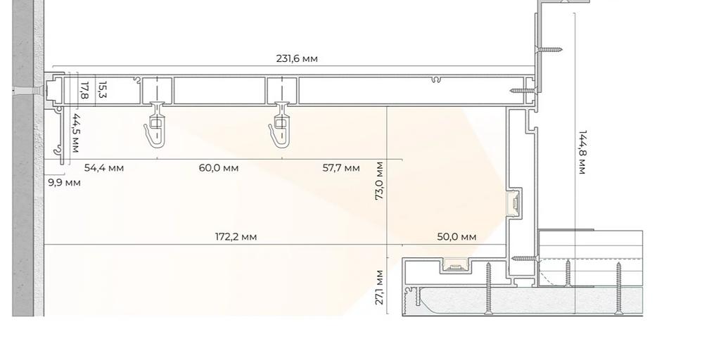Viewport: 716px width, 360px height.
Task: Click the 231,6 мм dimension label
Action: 297,58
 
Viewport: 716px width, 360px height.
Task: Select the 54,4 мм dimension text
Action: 104,167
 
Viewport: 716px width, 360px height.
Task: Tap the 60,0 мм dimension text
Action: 219,167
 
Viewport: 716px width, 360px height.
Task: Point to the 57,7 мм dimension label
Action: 341,167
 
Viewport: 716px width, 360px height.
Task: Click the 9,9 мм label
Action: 65,183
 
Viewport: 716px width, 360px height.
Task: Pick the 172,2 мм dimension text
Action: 236,237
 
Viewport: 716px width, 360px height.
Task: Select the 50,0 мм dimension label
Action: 456,237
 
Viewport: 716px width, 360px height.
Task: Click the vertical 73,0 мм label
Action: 380,181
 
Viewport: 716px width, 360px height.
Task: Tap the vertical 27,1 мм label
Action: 380,288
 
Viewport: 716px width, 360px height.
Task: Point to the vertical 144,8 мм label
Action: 582,152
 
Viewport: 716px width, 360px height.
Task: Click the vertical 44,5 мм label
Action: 75,133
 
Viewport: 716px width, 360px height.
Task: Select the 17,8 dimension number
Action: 84,90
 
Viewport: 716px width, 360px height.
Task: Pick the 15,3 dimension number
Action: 102,90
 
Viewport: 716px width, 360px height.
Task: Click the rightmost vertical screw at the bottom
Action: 619,288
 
